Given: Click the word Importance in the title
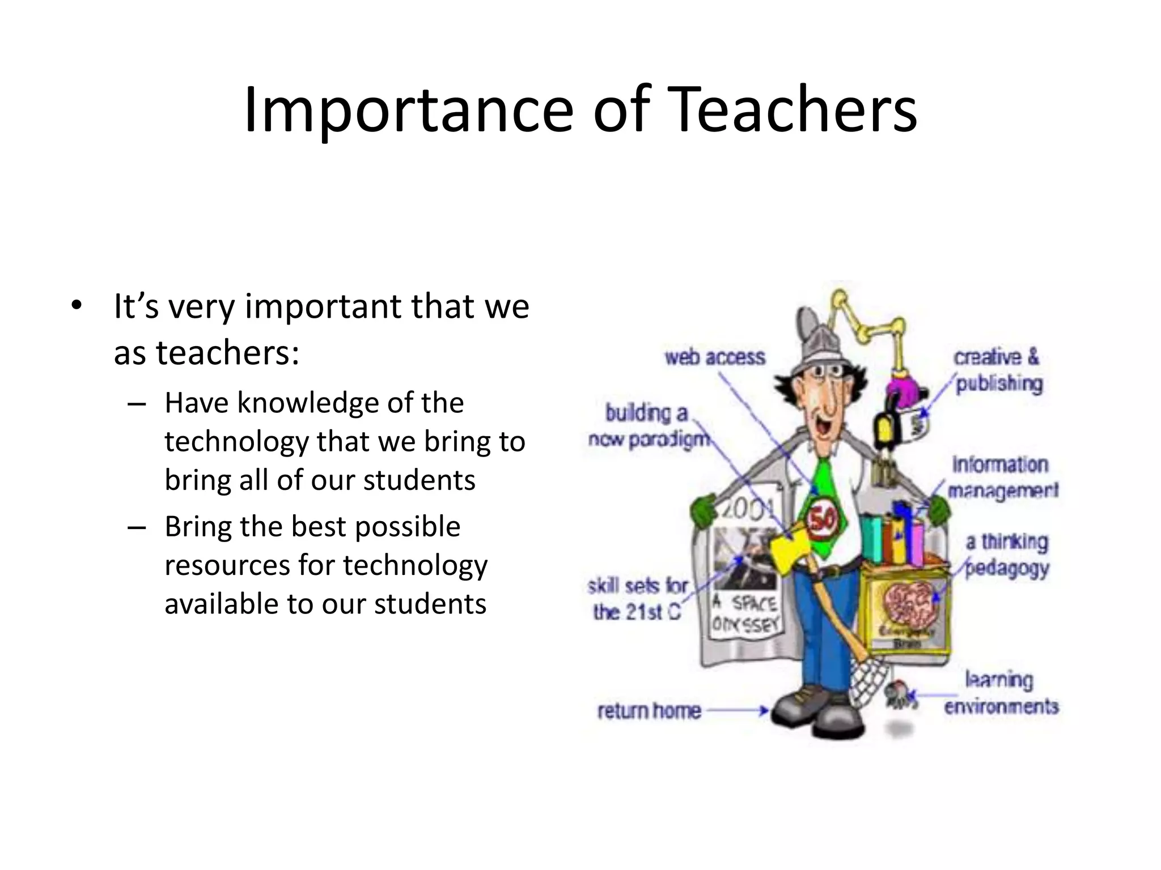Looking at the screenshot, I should pos(409,110).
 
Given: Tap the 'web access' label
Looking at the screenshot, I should pos(715,357).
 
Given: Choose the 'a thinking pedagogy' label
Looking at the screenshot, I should pos(1007,555).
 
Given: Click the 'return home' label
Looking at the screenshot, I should pos(649,711).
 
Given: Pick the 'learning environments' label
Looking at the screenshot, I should pos(1001,693).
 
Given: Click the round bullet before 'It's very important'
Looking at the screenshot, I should pos(76,306).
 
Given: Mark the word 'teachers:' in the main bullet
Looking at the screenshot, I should pos(227,353).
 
